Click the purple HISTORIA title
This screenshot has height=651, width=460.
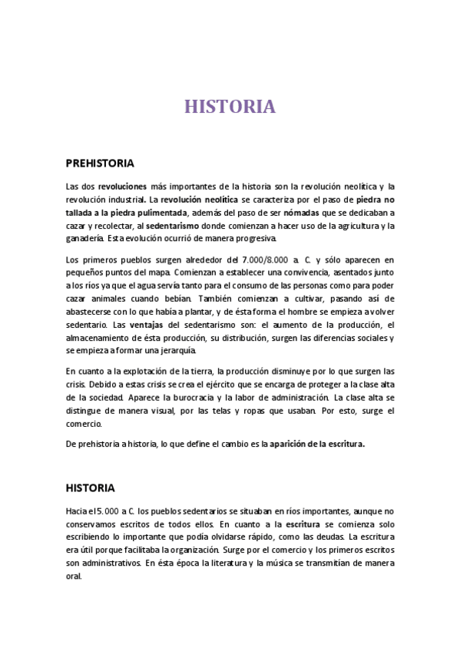[x=230, y=107]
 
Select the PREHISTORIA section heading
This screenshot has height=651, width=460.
[x=100, y=164]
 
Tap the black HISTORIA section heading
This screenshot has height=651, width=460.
[x=91, y=488]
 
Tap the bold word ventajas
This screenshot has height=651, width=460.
[x=147, y=325]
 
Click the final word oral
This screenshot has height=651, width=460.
[x=74, y=577]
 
